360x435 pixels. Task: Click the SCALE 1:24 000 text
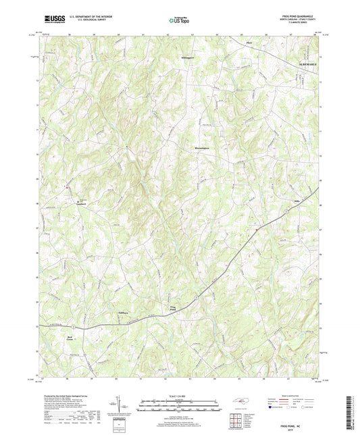click(179, 396)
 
